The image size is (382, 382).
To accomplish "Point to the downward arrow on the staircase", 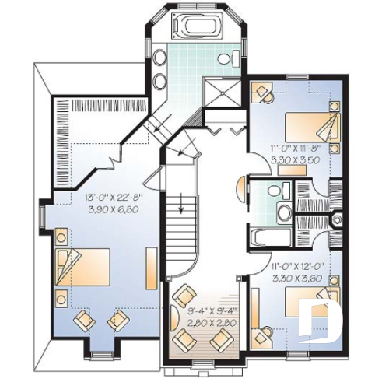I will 180,205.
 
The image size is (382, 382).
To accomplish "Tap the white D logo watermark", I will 321,320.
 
